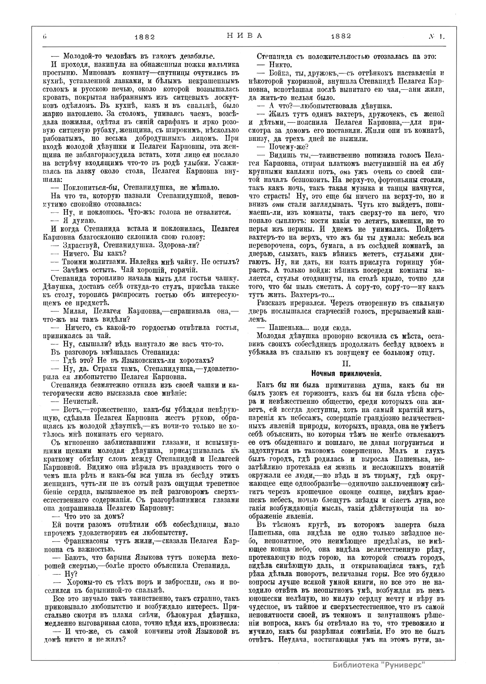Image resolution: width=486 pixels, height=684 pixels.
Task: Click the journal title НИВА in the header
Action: tap(243, 35)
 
